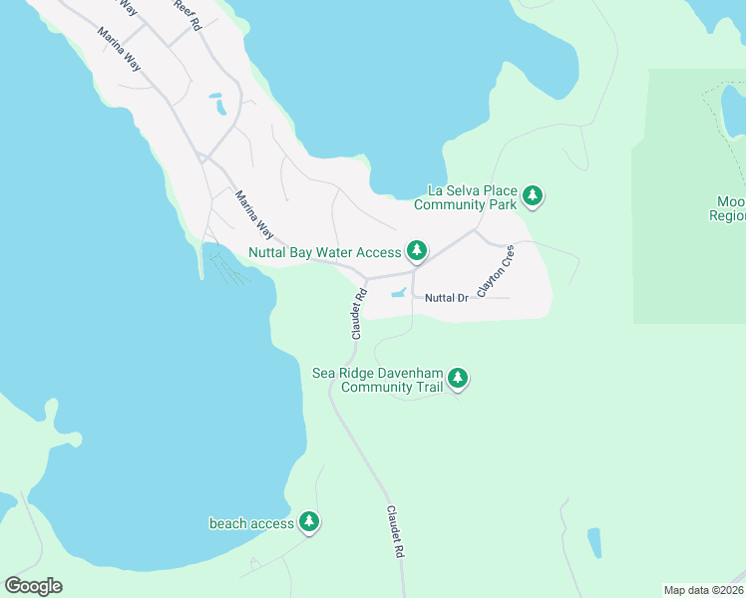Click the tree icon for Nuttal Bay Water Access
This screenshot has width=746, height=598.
(416, 251)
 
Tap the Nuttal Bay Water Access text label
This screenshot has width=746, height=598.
(324, 252)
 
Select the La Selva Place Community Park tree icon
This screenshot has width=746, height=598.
(534, 196)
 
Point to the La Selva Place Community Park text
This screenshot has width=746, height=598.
(472, 197)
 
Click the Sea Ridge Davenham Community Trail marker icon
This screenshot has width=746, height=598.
(458, 378)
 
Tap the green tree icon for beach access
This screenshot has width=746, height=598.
(309, 521)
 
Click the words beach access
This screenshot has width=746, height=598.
(251, 523)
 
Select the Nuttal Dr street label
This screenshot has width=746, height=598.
(446, 298)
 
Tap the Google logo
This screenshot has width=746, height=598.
(33, 585)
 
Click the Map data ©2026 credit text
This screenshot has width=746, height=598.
(703, 589)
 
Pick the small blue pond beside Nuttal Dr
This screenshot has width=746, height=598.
(398, 293)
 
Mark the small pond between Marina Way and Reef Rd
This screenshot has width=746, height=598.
(216, 102)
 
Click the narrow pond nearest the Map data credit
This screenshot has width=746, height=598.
(594, 542)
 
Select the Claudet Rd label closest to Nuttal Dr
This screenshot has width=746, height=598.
(358, 314)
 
